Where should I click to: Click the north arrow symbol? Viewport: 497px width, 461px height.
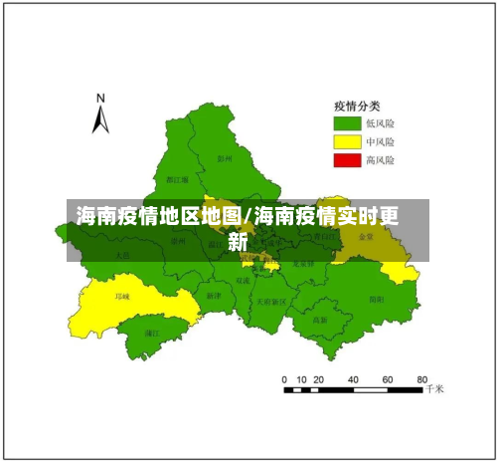click(x=99, y=120)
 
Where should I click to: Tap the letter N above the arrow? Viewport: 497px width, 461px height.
click(x=100, y=99)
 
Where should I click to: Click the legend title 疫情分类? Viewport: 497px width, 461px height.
click(x=355, y=107)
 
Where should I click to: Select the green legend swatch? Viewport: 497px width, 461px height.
click(x=346, y=123)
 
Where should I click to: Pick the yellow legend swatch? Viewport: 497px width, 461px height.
click(x=346, y=141)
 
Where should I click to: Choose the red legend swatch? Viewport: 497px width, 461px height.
click(x=346, y=159)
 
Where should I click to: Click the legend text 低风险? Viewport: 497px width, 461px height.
click(x=380, y=123)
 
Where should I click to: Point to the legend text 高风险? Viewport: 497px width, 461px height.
click(x=380, y=159)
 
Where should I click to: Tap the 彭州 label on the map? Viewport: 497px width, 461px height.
click(x=225, y=157)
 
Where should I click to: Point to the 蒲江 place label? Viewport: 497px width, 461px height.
click(x=152, y=334)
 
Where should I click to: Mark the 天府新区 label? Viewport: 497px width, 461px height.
click(x=270, y=301)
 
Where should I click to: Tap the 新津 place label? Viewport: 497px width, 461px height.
click(x=214, y=296)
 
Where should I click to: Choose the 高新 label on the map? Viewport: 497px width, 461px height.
click(x=320, y=320)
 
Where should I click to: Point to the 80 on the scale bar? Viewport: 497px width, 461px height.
click(x=421, y=379)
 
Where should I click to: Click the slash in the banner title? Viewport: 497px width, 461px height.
click(x=248, y=215)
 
